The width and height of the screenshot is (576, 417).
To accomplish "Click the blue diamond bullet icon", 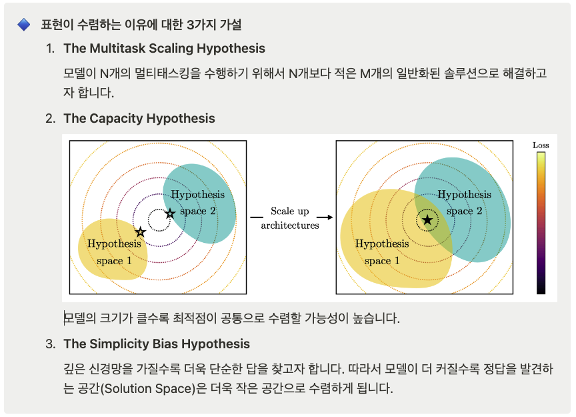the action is pyautogui.click(x=24, y=25).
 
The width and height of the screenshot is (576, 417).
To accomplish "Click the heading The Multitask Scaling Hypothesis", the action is pyautogui.click(x=164, y=48).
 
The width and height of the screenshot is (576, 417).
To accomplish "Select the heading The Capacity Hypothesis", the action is pyautogui.click(x=139, y=118).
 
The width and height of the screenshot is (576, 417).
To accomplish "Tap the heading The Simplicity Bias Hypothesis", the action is pyautogui.click(x=157, y=344).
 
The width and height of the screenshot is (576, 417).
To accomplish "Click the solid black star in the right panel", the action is pyautogui.click(x=427, y=220).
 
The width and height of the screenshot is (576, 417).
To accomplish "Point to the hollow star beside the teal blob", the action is pyautogui.click(x=170, y=214).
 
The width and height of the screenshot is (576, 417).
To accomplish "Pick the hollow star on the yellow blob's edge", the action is pyautogui.click(x=140, y=232).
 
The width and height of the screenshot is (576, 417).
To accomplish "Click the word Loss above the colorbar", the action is pyautogui.click(x=541, y=145).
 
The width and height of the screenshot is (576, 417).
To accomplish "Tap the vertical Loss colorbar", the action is pyautogui.click(x=541, y=224).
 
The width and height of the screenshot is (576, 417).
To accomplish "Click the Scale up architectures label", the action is pyautogui.click(x=290, y=218).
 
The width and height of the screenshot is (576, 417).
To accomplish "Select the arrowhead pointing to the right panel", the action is pyautogui.click(x=330, y=218).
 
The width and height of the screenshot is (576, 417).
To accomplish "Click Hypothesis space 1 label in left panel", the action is pyautogui.click(x=114, y=252).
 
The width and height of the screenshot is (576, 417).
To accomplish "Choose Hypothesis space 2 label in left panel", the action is pyautogui.click(x=197, y=203).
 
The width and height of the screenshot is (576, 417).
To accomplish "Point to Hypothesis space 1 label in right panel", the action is pyautogui.click(x=382, y=252).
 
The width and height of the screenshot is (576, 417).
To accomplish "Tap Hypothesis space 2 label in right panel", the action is pyautogui.click(x=464, y=203).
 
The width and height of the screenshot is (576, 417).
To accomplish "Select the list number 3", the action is pyautogui.click(x=50, y=344).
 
